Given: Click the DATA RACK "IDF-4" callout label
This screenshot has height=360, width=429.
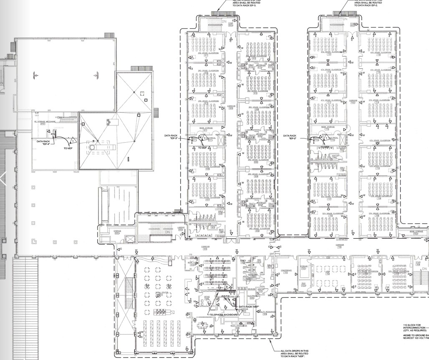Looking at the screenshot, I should point(43,143).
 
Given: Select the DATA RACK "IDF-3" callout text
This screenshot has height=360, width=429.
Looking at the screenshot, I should point(172,137).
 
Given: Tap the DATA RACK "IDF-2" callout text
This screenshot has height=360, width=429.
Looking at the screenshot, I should point(289,137).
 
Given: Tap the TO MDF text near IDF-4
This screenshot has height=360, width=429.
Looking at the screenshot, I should point(68,148).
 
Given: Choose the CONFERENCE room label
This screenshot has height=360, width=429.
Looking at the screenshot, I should point(286,270).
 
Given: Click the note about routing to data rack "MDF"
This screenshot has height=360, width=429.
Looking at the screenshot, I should point(294,353).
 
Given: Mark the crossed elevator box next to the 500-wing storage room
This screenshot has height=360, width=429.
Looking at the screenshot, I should point(131,239).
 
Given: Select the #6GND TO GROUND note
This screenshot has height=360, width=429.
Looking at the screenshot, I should point(415,337).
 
